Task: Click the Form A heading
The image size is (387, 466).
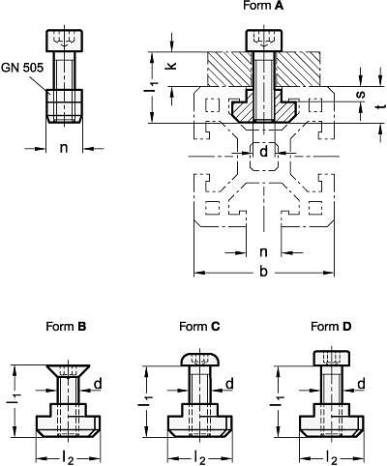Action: (x=263, y=6)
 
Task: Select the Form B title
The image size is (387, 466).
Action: (x=66, y=327)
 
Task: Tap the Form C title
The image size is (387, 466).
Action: (x=199, y=327)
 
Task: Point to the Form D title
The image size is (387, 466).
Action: (x=331, y=327)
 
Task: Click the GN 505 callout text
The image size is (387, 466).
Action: (x=22, y=68)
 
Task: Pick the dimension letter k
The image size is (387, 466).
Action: (x=171, y=66)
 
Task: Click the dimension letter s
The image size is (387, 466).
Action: (x=362, y=94)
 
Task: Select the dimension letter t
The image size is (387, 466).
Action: (x=382, y=106)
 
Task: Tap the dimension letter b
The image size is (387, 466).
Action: (x=263, y=272)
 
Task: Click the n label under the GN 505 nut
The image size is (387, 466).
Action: (x=64, y=148)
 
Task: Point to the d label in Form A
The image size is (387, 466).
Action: (x=264, y=151)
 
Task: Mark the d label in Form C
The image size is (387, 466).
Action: (x=229, y=384)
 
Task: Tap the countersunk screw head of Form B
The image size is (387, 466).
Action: (x=68, y=371)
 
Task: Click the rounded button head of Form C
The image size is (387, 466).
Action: (x=199, y=360)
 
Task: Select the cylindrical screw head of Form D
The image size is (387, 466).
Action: (x=331, y=359)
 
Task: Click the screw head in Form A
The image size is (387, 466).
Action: (x=264, y=41)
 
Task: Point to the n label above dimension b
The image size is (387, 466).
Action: (x=263, y=251)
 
